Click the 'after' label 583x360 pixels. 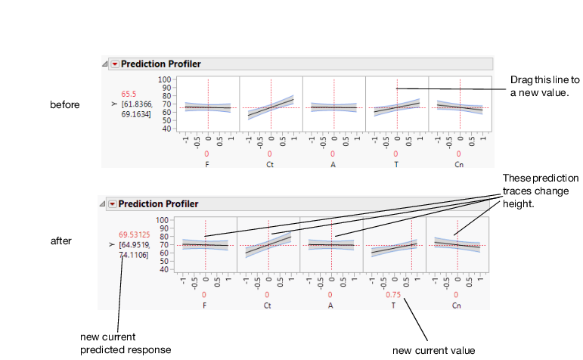(61, 241)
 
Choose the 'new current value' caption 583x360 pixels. (434, 350)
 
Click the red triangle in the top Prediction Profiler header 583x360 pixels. (115, 64)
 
